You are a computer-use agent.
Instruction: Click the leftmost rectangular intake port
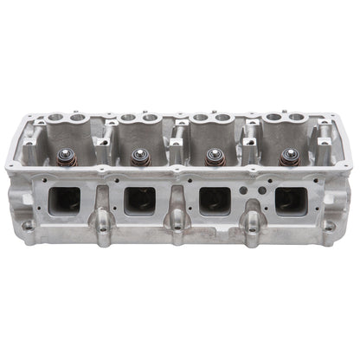62,202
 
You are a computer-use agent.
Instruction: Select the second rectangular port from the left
138,202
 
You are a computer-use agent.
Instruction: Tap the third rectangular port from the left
213,202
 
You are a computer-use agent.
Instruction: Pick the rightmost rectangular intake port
290,202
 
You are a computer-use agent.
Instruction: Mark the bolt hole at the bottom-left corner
29,227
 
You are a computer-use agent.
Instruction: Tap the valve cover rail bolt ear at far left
11,165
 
